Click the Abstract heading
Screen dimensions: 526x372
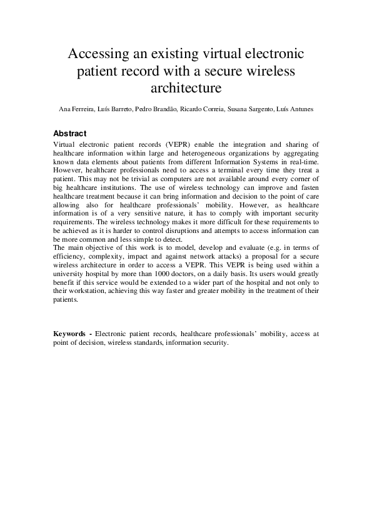click(x=70, y=134)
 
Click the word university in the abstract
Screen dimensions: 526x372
click(x=71, y=283)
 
